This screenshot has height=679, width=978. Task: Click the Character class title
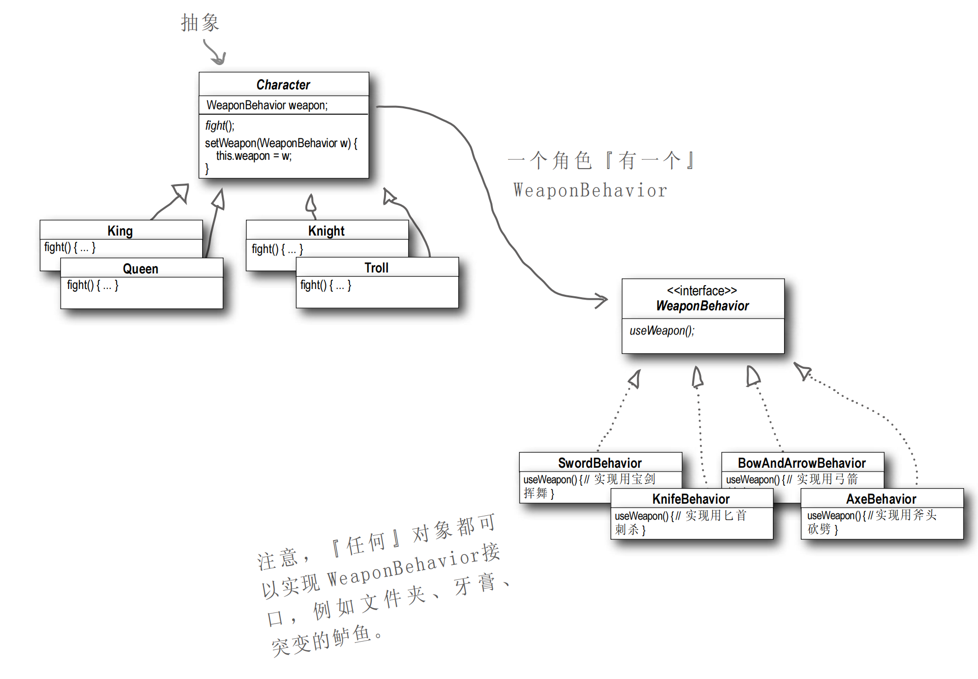pyautogui.click(x=283, y=85)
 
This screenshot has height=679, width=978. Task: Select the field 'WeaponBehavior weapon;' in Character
pyautogui.click(x=267, y=105)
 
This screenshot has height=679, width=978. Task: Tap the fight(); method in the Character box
pyautogui.click(x=220, y=126)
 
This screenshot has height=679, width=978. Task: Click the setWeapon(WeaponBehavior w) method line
pyautogui.click(x=280, y=143)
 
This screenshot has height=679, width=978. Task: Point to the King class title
pyautogui.click(x=120, y=231)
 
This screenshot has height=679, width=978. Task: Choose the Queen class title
pyautogui.click(x=140, y=269)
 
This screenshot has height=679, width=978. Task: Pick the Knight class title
pyautogui.click(x=326, y=231)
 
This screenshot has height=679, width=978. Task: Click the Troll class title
pyautogui.click(x=377, y=268)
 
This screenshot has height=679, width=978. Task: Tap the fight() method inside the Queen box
pyautogui.click(x=92, y=285)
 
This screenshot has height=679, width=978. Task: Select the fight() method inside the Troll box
pyautogui.click(x=326, y=285)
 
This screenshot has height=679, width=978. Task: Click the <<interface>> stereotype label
pyautogui.click(x=702, y=291)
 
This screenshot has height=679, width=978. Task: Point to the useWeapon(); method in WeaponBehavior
pyautogui.click(x=662, y=331)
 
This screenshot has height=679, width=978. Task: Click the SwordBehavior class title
pyautogui.click(x=600, y=463)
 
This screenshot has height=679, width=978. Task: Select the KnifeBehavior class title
pyautogui.click(x=691, y=499)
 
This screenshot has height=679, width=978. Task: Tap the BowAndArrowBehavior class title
pyautogui.click(x=802, y=463)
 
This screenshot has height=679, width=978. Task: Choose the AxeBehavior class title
pyautogui.click(x=881, y=499)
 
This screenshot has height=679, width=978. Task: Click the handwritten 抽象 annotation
pyautogui.click(x=200, y=23)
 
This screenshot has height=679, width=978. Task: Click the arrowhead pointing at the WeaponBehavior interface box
pyautogui.click(x=602, y=300)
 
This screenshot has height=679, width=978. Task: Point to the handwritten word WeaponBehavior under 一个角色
pyautogui.click(x=590, y=190)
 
